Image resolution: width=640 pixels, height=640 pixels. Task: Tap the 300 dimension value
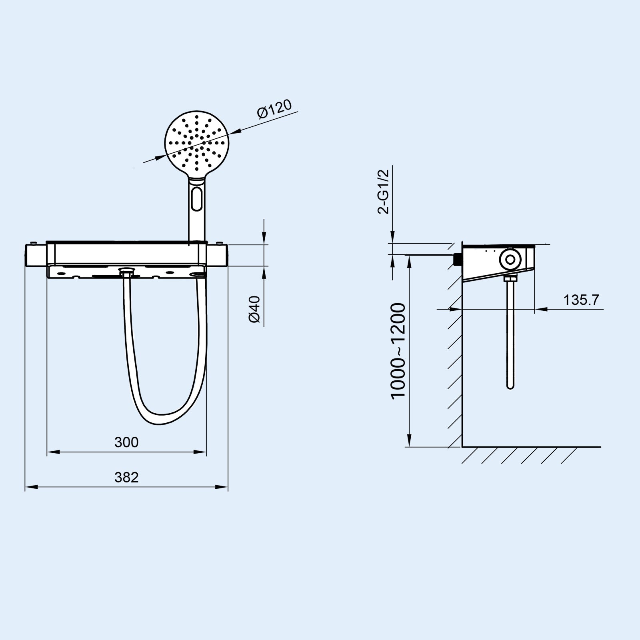(126, 442)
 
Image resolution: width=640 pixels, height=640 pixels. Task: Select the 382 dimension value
(126, 477)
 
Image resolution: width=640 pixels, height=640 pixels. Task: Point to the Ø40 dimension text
(255, 309)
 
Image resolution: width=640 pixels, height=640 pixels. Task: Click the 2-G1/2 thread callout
(383, 192)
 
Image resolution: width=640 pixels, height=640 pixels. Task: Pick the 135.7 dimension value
(582, 300)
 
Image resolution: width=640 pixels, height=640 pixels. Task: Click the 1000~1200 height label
(399, 350)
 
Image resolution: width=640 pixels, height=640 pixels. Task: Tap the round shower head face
(196, 142)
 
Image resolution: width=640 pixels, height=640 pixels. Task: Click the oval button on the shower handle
(197, 199)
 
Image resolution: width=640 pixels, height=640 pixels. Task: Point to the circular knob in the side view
(510, 259)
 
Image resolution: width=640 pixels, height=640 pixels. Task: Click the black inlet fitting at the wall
(457, 259)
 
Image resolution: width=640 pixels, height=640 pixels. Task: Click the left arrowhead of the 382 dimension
(29, 487)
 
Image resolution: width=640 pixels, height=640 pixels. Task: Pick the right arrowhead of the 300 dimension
(203, 452)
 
